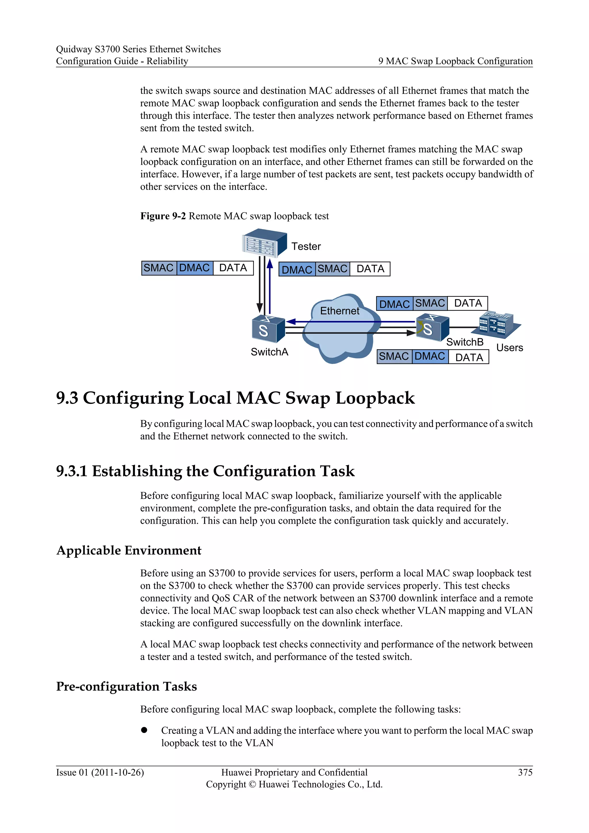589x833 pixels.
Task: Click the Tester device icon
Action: point(264,243)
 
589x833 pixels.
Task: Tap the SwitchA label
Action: point(269,352)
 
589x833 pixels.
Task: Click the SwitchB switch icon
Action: point(432,328)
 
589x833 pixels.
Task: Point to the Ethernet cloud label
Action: point(339,311)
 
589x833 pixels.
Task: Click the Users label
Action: point(510,347)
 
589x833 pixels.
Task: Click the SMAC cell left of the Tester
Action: point(158,268)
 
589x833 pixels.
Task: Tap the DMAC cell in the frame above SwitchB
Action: point(394,304)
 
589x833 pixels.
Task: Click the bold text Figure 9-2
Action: point(163,216)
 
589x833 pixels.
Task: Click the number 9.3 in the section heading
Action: point(67,398)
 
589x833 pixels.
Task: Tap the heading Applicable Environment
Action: point(129,550)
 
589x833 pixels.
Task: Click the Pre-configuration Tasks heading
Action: point(126,686)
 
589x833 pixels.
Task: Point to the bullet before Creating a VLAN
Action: point(144,730)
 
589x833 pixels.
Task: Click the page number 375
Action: point(525,772)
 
